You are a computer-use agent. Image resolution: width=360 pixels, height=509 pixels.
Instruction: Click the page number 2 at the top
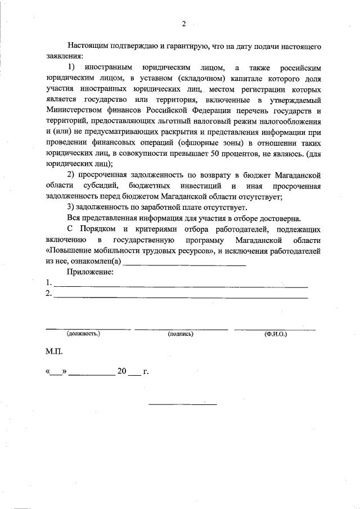(183, 24)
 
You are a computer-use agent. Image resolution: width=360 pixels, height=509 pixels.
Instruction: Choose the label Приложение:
(90, 272)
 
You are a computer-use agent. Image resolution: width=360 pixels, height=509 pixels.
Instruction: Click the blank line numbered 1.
(180, 286)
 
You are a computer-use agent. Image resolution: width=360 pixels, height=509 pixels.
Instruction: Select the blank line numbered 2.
(180, 296)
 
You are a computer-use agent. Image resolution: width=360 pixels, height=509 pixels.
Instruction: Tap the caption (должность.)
(83, 334)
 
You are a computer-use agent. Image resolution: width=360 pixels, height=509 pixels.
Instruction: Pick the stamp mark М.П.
(55, 352)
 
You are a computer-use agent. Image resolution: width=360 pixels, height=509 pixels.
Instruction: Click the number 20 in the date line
(122, 372)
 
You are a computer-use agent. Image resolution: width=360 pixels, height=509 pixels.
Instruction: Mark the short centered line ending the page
(182, 403)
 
